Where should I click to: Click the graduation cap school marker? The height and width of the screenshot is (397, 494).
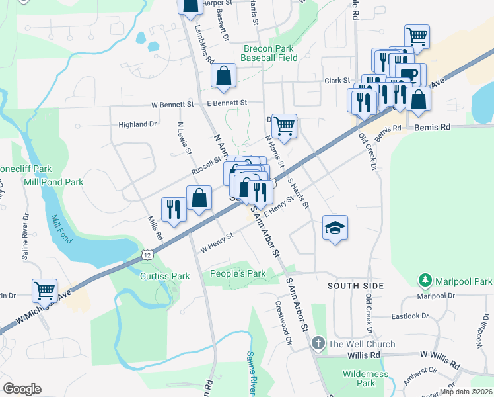[x=335, y=228]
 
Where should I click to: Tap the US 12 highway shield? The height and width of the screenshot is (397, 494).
[x=147, y=255]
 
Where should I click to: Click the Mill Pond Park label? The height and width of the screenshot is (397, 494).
[x=53, y=182]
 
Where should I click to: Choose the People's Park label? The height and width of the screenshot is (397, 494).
[x=237, y=273]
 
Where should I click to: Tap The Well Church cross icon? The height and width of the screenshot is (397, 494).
[x=318, y=344]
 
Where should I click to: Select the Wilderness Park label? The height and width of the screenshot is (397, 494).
[x=365, y=378]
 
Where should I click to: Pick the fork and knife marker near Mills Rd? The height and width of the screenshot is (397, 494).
[x=174, y=209]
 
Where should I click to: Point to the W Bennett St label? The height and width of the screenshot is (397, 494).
[x=172, y=104]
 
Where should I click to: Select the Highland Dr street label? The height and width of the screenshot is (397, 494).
[x=137, y=124]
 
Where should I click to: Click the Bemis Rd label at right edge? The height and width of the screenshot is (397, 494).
[x=432, y=126]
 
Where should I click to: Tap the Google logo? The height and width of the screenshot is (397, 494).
[x=22, y=389]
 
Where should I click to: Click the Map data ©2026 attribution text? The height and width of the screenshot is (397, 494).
[x=466, y=392]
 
